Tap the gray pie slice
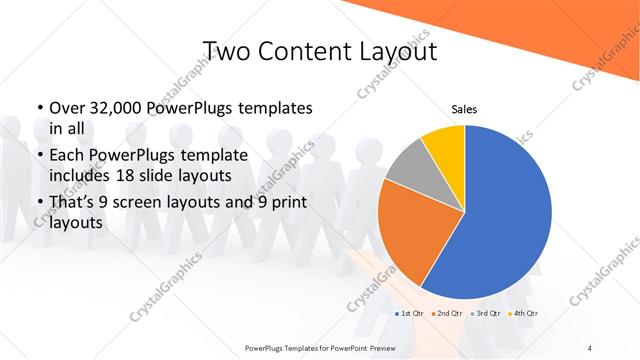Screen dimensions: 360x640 click(408, 165)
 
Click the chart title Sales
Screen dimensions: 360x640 click(464, 108)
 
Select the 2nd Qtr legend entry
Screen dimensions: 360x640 click(448, 315)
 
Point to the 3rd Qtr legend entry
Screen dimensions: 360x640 click(485, 315)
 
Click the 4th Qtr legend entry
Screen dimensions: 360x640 click(522, 315)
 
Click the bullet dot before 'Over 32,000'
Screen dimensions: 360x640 click(39, 108)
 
